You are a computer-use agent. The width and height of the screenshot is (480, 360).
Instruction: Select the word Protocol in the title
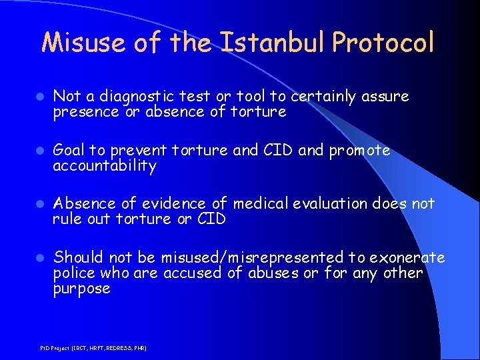(383, 43)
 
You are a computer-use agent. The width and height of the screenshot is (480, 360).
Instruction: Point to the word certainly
(323, 97)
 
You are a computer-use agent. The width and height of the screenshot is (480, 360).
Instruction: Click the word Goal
(69, 151)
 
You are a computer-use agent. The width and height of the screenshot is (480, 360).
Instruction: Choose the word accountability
(105, 166)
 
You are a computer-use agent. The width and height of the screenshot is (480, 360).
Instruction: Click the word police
(74, 273)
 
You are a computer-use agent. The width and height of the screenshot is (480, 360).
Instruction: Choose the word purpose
(82, 289)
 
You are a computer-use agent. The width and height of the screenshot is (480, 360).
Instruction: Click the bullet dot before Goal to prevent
(41, 151)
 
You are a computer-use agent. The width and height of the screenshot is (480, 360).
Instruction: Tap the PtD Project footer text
(93, 348)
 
